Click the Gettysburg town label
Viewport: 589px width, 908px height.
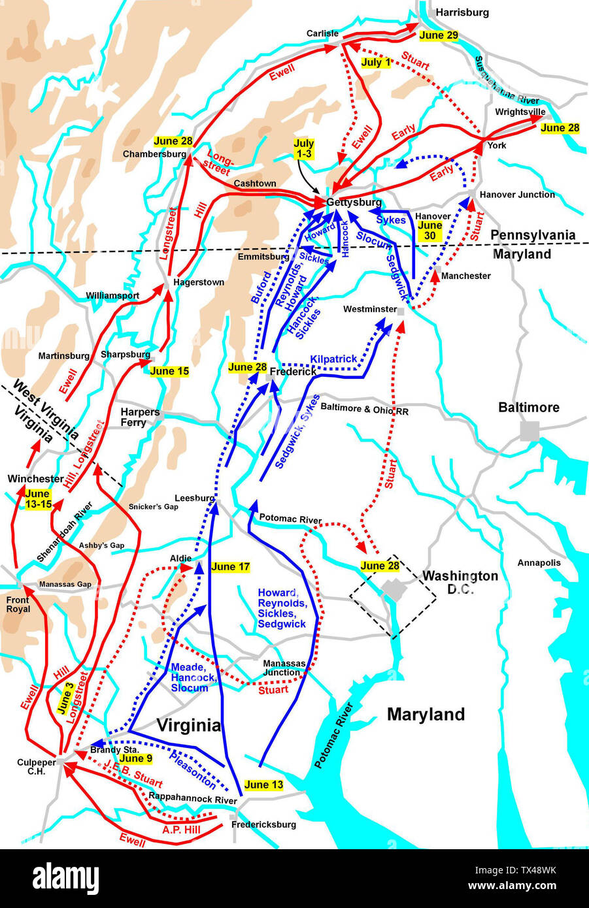coord(354,203)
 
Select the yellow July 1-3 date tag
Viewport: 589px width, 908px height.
coord(303,148)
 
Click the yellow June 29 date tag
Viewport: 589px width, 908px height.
coord(439,35)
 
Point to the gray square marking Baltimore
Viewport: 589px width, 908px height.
coord(530,430)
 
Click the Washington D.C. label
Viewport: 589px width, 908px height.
coord(460,582)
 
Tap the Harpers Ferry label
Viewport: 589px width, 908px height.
coord(140,417)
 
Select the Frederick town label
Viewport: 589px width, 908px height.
coord(294,371)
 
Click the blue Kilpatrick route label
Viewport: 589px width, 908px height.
coord(333,359)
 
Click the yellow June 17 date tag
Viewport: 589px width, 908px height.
coord(231,566)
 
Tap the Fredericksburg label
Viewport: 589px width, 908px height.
coord(263,824)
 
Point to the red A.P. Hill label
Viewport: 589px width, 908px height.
coord(181,830)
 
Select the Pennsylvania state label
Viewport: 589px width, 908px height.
coord(533,235)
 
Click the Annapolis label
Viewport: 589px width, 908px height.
coord(539,562)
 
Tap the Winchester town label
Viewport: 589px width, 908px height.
coord(35,479)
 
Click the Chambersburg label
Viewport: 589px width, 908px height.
coord(154,154)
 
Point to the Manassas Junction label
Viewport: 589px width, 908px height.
coord(281,668)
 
